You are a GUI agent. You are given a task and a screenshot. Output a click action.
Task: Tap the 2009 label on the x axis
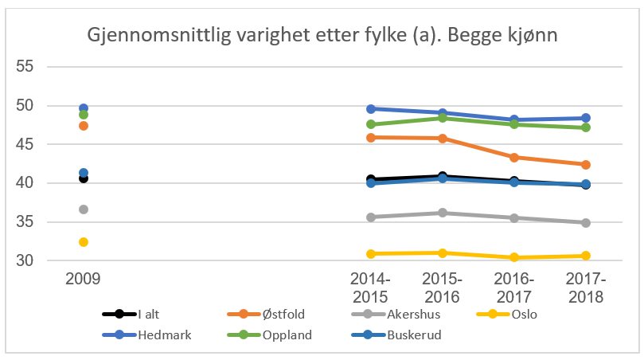[83, 280]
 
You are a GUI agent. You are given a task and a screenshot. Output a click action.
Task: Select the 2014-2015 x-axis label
[371, 288]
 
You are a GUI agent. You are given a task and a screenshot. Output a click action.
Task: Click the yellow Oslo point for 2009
[83, 242]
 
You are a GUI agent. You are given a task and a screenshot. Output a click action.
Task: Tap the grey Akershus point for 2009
[83, 209]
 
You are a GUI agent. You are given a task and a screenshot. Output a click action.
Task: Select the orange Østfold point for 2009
[83, 126]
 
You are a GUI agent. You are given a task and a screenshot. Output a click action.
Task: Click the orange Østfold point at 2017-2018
[585, 165]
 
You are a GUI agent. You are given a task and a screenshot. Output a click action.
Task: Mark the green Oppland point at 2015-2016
[443, 118]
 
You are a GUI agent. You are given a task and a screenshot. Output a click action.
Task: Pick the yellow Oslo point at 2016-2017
[514, 257]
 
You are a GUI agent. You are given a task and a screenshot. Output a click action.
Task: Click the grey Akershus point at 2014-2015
[371, 217]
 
